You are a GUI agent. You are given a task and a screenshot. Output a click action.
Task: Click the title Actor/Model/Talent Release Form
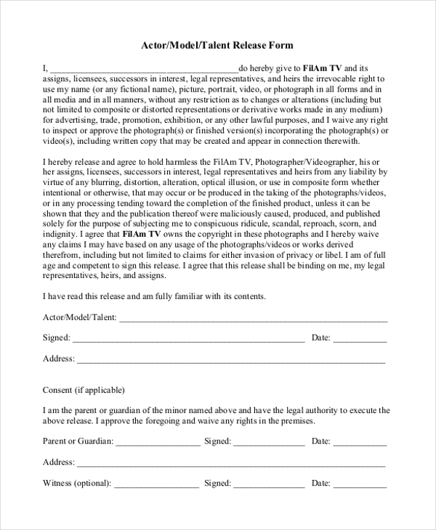point(217,45)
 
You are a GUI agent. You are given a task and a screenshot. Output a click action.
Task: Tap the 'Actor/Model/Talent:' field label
point(79,317)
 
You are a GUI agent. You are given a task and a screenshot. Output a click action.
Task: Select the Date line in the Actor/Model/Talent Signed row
point(360,338)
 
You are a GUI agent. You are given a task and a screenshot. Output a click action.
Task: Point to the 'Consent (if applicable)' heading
point(84,389)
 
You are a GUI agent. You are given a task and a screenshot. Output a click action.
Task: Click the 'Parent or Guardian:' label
point(77,441)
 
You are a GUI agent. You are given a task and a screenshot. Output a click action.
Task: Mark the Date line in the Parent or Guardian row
point(360,441)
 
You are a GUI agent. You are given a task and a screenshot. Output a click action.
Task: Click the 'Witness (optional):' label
point(77,482)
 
